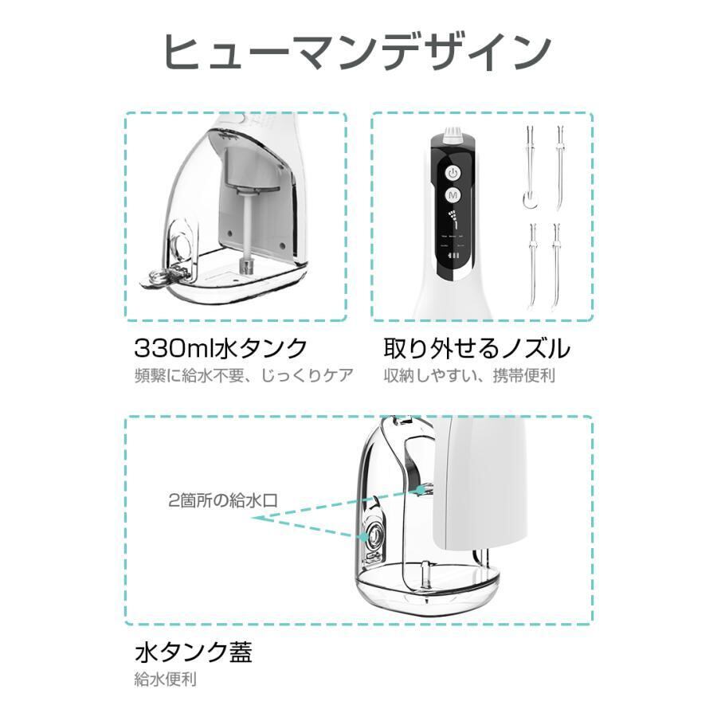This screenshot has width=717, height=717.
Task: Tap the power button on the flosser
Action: pos(453,172)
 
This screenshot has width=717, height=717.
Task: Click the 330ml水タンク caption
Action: pos(220,348)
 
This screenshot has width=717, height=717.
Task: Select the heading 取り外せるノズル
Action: pos(476,348)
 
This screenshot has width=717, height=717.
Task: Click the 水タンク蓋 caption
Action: pos(193,654)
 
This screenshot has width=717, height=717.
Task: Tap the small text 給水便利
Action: pos(165,680)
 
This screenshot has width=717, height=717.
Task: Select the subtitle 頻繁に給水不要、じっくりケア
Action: pos(243,375)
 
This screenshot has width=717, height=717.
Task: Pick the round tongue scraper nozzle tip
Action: pos(527,200)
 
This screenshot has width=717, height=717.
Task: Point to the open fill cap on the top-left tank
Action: pos(163,277)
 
